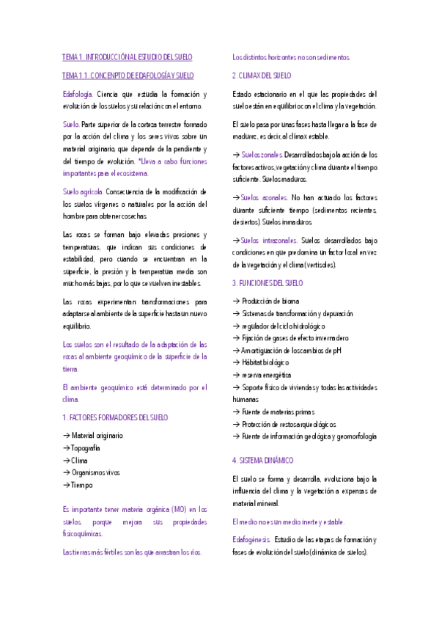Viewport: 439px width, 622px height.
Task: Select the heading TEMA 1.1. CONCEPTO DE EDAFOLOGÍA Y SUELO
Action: point(128,76)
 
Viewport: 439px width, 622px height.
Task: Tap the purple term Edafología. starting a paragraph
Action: point(78,94)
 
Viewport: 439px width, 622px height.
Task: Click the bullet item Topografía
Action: point(86,448)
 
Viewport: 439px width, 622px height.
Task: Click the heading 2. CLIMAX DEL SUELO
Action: point(262,75)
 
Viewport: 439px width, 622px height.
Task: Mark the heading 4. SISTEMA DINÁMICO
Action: point(262,460)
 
